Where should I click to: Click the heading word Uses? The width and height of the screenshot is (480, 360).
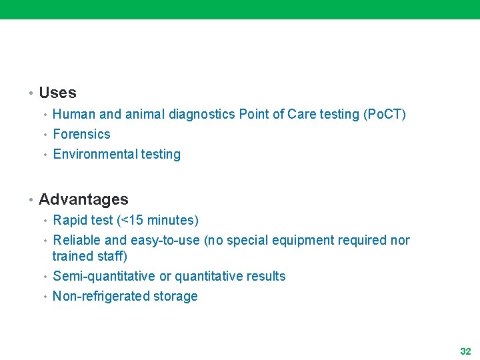click(x=57, y=93)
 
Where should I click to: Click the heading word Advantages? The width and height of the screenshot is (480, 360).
click(x=83, y=199)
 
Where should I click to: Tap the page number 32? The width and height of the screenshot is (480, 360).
click(x=465, y=351)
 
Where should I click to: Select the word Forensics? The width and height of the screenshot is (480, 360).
click(x=81, y=134)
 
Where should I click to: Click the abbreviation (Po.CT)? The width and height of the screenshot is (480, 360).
click(x=384, y=114)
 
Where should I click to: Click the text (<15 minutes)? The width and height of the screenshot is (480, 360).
click(x=157, y=220)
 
